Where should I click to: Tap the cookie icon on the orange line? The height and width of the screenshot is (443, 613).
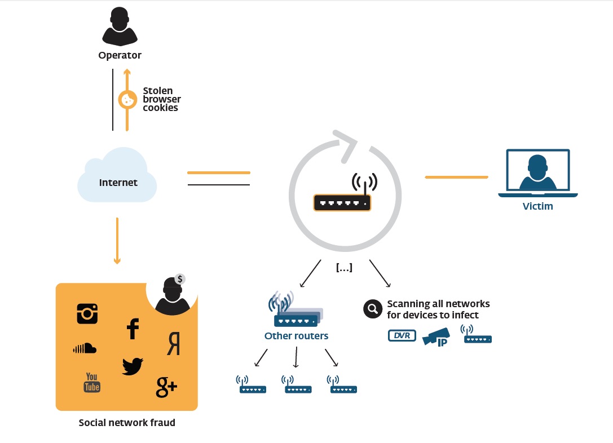tap(127, 100)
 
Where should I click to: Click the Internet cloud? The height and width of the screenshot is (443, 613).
tap(117, 177)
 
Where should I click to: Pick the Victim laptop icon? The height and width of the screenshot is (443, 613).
tap(538, 174)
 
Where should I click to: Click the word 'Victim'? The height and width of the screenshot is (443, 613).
tap(537, 206)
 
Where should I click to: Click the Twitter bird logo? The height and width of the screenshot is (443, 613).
tap(133, 366)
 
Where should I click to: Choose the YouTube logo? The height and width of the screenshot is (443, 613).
tap(92, 382)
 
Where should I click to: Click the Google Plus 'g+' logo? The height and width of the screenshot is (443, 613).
tap(166, 387)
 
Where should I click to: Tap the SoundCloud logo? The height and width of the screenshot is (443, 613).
tap(85, 349)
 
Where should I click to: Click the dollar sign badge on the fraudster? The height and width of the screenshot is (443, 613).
tap(180, 279)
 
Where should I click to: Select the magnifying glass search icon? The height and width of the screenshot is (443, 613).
tap(372, 309)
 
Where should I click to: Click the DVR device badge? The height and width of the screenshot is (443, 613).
tap(402, 336)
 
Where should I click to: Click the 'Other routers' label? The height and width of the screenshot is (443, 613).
tap(296, 336)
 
